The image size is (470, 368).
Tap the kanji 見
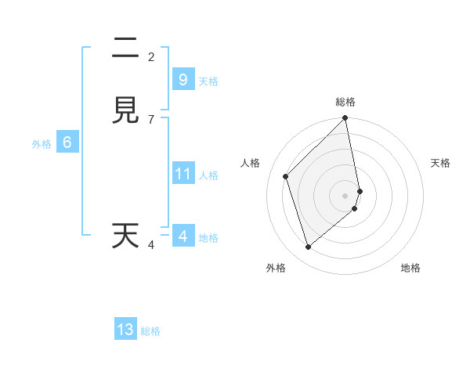click(x=125, y=110)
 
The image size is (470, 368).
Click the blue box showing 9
click(x=183, y=79)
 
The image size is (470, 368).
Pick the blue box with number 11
click(x=183, y=173)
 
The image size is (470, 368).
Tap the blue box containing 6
click(x=67, y=143)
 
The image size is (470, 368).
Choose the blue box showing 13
click(x=125, y=330)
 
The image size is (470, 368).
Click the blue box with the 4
click(x=183, y=236)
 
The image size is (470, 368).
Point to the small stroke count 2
click(x=151, y=57)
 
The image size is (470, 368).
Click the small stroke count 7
click(x=151, y=119)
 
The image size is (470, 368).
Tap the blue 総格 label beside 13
click(x=150, y=331)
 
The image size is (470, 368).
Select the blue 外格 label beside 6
click(x=42, y=144)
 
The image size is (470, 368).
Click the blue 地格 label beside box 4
click(x=208, y=238)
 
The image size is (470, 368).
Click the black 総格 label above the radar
click(x=345, y=102)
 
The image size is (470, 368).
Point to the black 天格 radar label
click(x=441, y=163)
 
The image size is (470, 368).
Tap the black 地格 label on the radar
click(x=410, y=268)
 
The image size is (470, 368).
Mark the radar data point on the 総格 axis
click(x=345, y=119)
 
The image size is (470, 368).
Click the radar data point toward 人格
click(x=286, y=176)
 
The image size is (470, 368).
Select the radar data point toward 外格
click(x=309, y=247)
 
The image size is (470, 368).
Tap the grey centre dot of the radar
click(x=345, y=195)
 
